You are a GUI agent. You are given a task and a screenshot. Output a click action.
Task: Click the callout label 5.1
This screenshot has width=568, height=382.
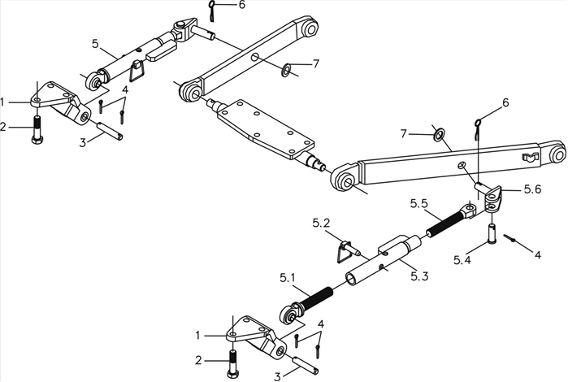tap(288, 278)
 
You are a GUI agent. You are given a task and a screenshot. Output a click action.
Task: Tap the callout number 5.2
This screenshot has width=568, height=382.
tap(321, 224)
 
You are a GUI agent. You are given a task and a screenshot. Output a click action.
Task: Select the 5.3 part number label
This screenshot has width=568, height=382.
tap(420, 276)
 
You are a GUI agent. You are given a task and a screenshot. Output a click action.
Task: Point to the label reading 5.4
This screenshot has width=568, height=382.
tap(462, 260)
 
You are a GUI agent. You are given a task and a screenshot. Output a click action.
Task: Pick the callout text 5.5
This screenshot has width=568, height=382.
tap(419, 204)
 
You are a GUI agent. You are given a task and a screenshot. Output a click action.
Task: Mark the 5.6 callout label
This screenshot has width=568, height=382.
tap(532, 189)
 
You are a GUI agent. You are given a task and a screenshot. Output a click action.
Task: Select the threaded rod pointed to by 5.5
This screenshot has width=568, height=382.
tap(444, 224)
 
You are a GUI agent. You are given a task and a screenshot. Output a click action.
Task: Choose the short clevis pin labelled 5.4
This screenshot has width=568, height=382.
tap(492, 233)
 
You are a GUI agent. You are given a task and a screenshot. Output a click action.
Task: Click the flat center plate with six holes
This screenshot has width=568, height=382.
tap(265, 130)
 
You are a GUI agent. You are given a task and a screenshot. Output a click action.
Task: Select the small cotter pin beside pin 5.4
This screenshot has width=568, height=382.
tap(509, 238)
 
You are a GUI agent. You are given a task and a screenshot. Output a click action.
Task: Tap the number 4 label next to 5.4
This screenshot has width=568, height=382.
tap(538, 254)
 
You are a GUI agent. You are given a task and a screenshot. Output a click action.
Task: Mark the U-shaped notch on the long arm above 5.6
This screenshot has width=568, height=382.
tap(528, 158)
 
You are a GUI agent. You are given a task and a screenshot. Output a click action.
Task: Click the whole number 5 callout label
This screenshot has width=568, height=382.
tap(95, 44)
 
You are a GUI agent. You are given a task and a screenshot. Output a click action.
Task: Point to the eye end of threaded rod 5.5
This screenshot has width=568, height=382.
tap(470, 210)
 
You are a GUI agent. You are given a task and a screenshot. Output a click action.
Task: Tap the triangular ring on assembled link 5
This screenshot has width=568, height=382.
tap(137, 75)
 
